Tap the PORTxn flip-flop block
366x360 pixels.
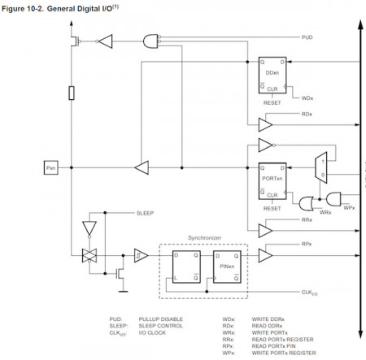(x=272, y=178)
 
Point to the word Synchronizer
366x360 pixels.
(x=203, y=238)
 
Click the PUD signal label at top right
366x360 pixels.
(x=306, y=37)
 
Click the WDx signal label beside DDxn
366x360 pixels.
(x=307, y=98)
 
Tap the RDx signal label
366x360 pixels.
(x=307, y=114)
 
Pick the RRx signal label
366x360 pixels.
(x=306, y=219)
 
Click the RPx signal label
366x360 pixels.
(x=306, y=243)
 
